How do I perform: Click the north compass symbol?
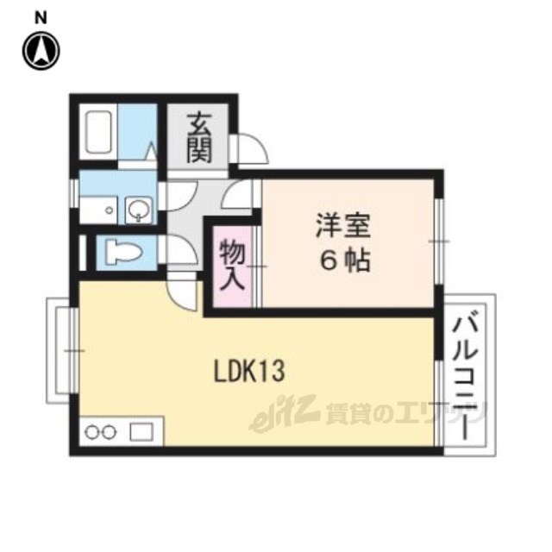pos(41,51)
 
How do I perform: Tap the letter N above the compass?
pos(41,18)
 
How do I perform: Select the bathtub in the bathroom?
pos(99,132)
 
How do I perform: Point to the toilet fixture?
pos(123,252)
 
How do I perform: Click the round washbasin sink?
pos(139,210)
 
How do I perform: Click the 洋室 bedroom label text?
pos(343,225)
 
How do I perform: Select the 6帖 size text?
pos(345,260)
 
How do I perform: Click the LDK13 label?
pos(249,371)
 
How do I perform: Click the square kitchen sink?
pos(141,432)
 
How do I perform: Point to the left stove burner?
pos(92,432)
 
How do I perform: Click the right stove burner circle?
pos(110,432)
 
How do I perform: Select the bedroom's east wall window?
pos(438,241)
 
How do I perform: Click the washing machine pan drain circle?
pos(110,210)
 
